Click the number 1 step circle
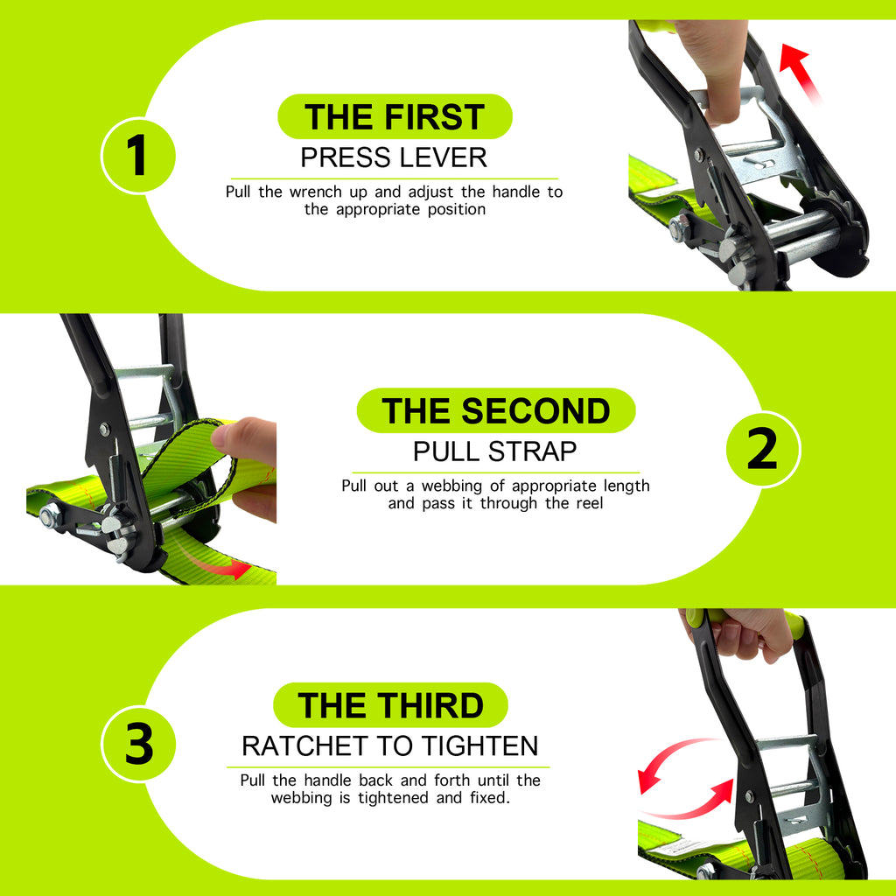point(138,156)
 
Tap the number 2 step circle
point(763,449)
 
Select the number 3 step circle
point(138,744)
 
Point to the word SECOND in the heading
point(536,411)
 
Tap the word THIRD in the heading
point(430,705)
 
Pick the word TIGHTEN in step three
point(480,745)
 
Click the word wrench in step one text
point(316,192)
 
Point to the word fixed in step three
point(490,797)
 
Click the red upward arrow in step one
point(800,73)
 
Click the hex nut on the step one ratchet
point(678,228)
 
